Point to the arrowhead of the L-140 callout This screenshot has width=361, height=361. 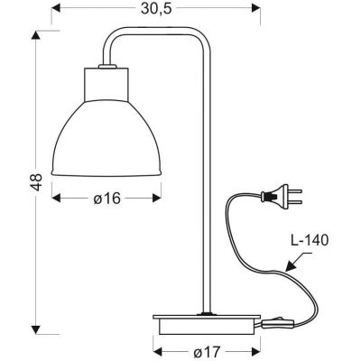coord(287,265)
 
